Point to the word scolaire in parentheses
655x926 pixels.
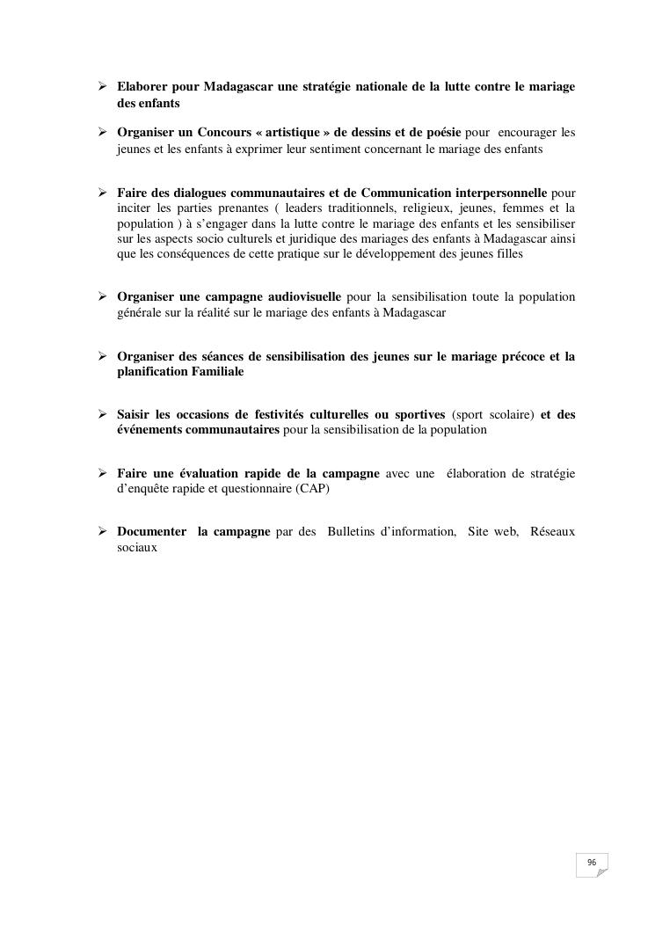coord(509,414)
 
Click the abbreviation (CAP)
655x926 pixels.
coord(313,489)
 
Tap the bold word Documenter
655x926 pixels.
coord(151,532)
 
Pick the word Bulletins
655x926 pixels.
coord(356,532)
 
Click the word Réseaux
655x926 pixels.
coord(552,532)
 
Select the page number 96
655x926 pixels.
coord(592,864)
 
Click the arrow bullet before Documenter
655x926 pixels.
coord(102,532)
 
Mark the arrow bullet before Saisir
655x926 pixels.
coord(102,414)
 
